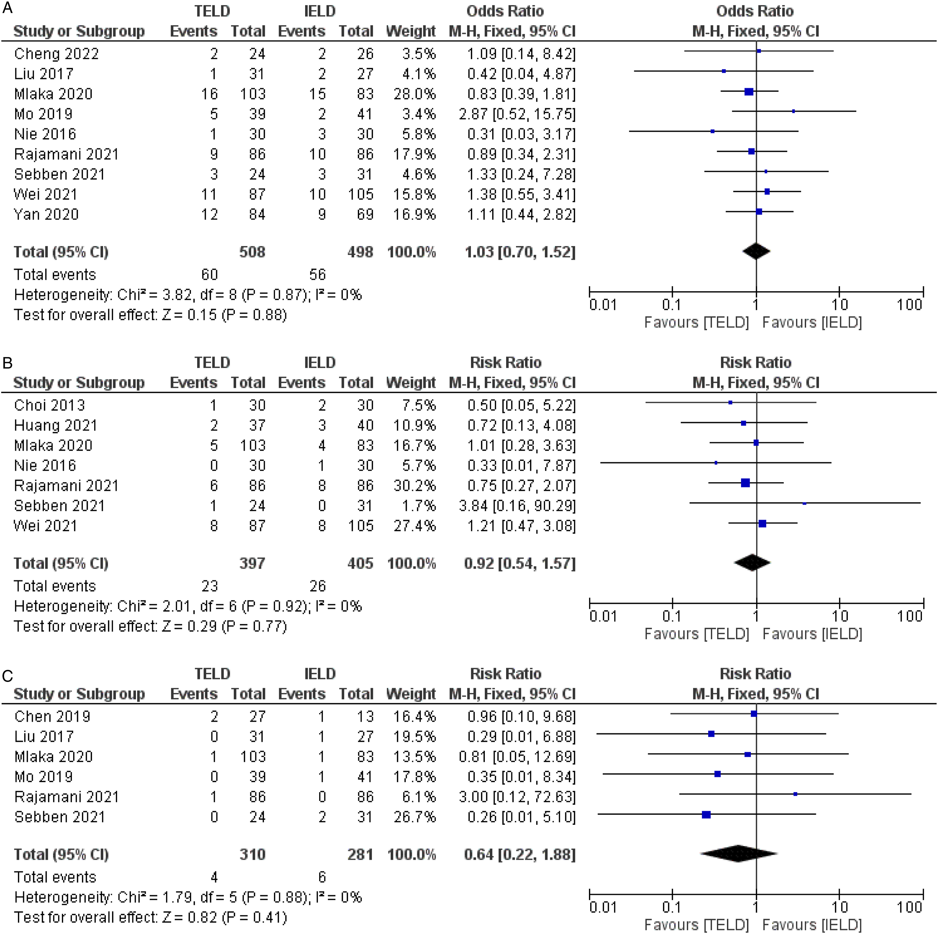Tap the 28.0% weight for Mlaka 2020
pyautogui.click(x=414, y=94)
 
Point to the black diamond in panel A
pyautogui.click(x=756, y=251)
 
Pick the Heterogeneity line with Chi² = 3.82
pyautogui.click(x=188, y=295)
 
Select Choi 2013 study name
pyautogui.click(x=49, y=405)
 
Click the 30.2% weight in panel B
pyautogui.click(x=414, y=486)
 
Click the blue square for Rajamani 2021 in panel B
pyautogui.click(x=745, y=483)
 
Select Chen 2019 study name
pyautogui.click(x=53, y=717)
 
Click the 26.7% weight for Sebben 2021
pyautogui.click(x=414, y=817)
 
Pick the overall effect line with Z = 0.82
pyautogui.click(x=150, y=917)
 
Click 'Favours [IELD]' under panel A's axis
pyautogui.click(x=812, y=323)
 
